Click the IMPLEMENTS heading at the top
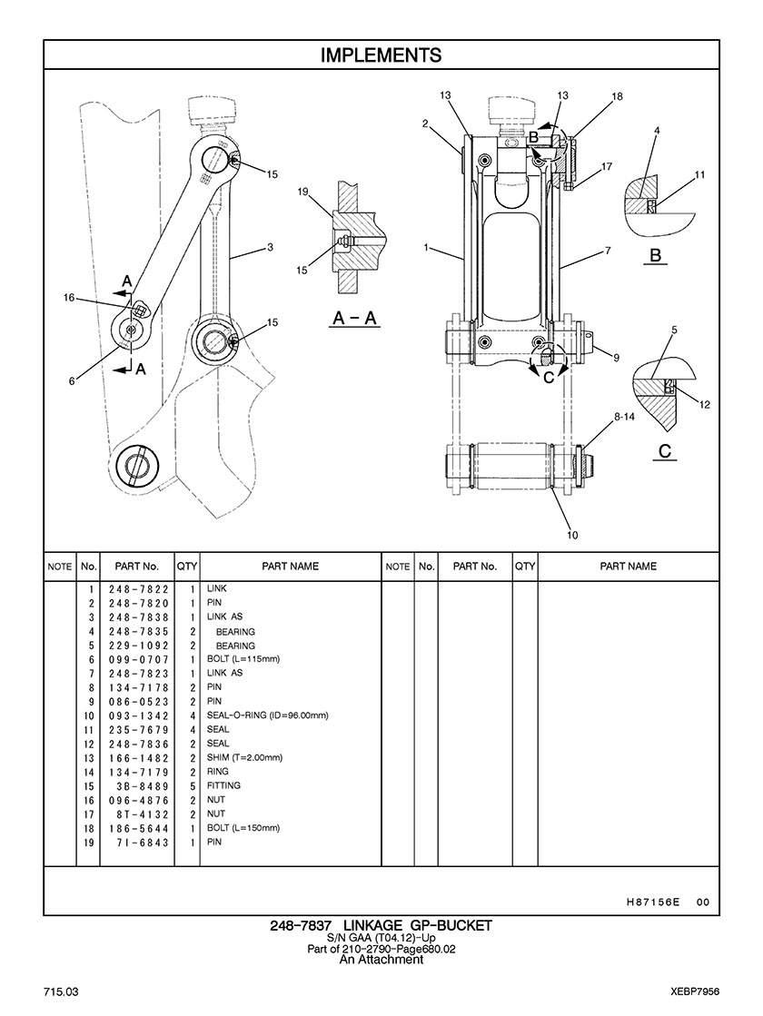pyautogui.click(x=381, y=55)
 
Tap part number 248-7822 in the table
pyautogui.click(x=138, y=589)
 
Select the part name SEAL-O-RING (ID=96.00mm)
pyautogui.click(x=268, y=715)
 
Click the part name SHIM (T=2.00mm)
pyautogui.click(x=244, y=757)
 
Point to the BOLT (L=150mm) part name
pyautogui.click(x=243, y=828)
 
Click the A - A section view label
pyautogui.click(x=354, y=318)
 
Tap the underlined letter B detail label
pyautogui.click(x=656, y=255)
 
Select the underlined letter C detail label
pyautogui.click(x=665, y=450)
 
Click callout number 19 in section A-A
pyautogui.click(x=302, y=192)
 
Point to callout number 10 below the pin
pyautogui.click(x=572, y=535)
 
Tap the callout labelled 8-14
pyautogui.click(x=624, y=418)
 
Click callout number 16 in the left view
pyautogui.click(x=69, y=298)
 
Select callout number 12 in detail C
pyautogui.click(x=705, y=405)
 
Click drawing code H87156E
pyautogui.click(x=653, y=902)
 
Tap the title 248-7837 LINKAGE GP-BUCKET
pyautogui.click(x=381, y=926)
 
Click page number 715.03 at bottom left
pyautogui.click(x=62, y=992)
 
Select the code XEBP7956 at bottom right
pyautogui.click(x=696, y=992)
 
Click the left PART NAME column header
pyautogui.click(x=291, y=567)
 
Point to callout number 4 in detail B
pyautogui.click(x=657, y=130)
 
